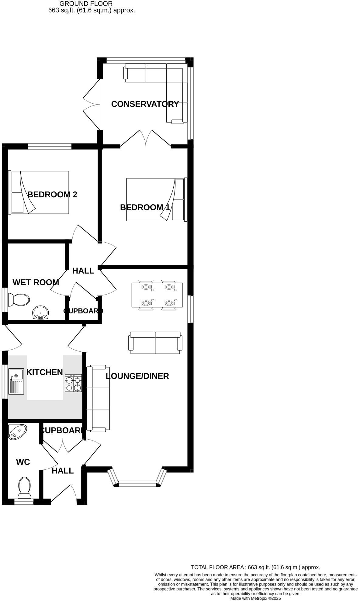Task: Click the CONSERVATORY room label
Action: click(x=145, y=104)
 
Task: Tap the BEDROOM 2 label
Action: click(x=52, y=195)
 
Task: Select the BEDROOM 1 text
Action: click(x=145, y=207)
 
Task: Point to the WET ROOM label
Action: click(x=36, y=282)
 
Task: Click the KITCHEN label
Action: click(x=44, y=372)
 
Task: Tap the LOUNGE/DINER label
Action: click(x=137, y=376)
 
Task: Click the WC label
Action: click(x=23, y=462)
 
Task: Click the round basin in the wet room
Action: click(x=40, y=313)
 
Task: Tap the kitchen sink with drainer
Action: click(x=16, y=381)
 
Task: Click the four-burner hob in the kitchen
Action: click(x=73, y=383)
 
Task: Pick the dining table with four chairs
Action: click(x=157, y=295)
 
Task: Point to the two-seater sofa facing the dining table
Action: click(x=155, y=343)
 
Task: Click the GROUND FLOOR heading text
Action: click(x=86, y=4)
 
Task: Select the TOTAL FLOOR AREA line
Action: click(x=255, y=567)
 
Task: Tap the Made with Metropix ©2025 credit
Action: click(x=255, y=598)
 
